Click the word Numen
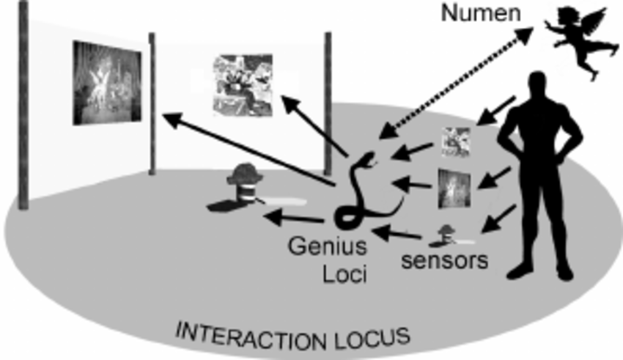tap(481, 14)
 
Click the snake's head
tap(369, 157)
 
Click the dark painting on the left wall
tap(106, 82)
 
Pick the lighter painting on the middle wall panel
tap(243, 84)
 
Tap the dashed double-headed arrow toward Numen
tap(458, 81)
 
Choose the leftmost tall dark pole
tap(23, 103)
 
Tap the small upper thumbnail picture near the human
tap(456, 142)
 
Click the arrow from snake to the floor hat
tap(293, 218)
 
